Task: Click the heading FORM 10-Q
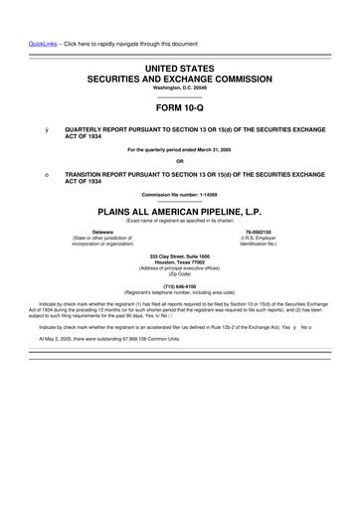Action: [180, 111]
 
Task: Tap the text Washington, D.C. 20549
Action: [180, 86]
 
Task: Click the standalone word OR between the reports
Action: [180, 161]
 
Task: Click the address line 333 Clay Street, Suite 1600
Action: [180, 256]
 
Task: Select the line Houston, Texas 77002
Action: [180, 262]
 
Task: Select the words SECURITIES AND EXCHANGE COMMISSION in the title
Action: [180, 76]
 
